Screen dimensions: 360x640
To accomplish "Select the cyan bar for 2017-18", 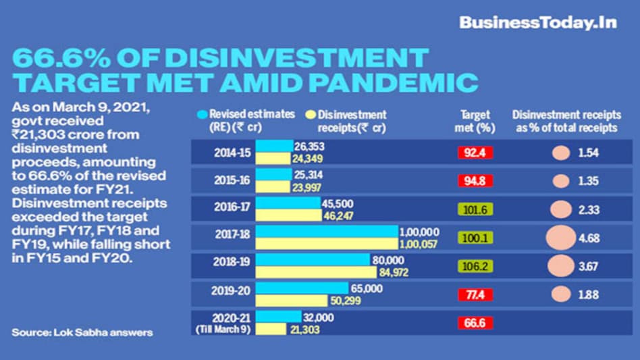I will click(327, 231).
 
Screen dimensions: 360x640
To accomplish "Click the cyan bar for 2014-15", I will click(275, 146).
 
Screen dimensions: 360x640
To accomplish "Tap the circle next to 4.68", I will click(560, 238).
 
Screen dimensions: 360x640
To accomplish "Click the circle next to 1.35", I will click(560, 181).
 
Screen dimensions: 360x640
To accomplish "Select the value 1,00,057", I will click(419, 243).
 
